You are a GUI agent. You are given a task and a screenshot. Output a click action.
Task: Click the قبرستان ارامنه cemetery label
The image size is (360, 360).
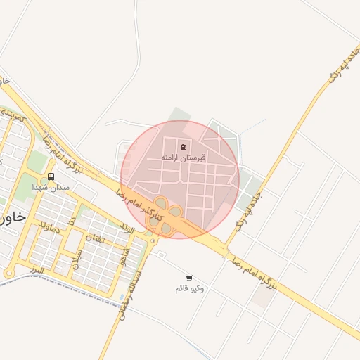tap(184, 158)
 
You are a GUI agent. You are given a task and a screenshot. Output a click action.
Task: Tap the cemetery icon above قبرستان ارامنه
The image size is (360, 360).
tap(184, 146)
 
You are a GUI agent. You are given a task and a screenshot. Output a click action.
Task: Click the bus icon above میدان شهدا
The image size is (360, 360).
tap(51, 176)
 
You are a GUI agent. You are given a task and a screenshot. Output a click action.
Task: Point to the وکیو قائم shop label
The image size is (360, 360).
tap(189, 289)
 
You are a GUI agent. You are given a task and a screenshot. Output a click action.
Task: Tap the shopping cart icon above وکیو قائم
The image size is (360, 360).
tap(188, 278)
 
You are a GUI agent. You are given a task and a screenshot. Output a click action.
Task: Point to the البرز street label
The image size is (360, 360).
tap(37, 269)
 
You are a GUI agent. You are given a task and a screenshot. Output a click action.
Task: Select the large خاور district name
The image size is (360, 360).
tap(14, 217)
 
